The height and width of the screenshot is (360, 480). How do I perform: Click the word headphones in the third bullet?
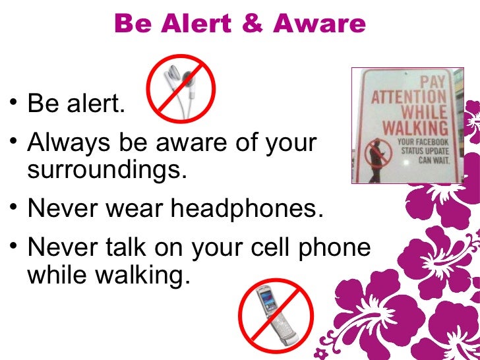247,209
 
